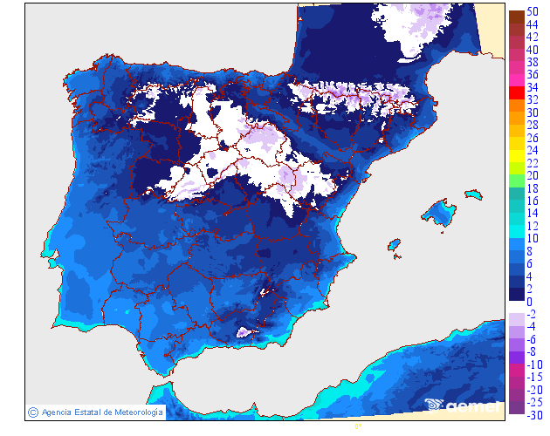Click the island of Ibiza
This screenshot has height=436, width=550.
(395, 248)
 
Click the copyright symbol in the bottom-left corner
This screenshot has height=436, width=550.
(32, 412)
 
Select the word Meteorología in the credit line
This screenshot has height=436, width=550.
(134, 412)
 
